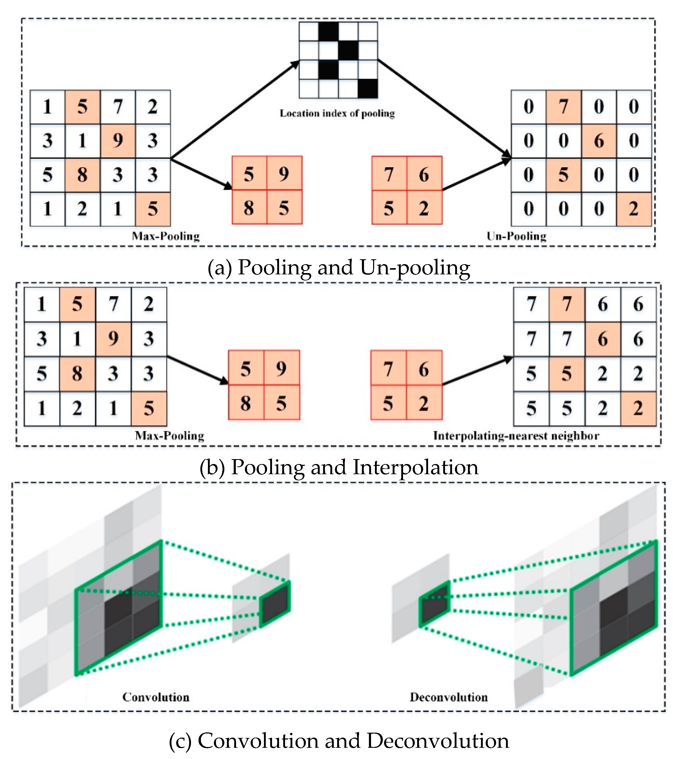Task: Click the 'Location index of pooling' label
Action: coord(337,113)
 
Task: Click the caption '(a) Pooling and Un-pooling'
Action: coord(339,268)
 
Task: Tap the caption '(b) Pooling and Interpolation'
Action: coord(339,467)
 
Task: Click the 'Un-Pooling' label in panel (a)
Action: coord(516,236)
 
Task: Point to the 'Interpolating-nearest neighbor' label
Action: coord(516,436)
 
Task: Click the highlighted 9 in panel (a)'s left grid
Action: coord(118,141)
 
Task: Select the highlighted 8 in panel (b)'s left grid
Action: coord(77,374)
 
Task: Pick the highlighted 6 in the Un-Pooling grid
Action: coord(599,141)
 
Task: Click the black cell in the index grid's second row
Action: coord(348,50)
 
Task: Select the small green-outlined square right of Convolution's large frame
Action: coord(275,604)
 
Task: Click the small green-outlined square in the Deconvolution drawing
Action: coord(435,604)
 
